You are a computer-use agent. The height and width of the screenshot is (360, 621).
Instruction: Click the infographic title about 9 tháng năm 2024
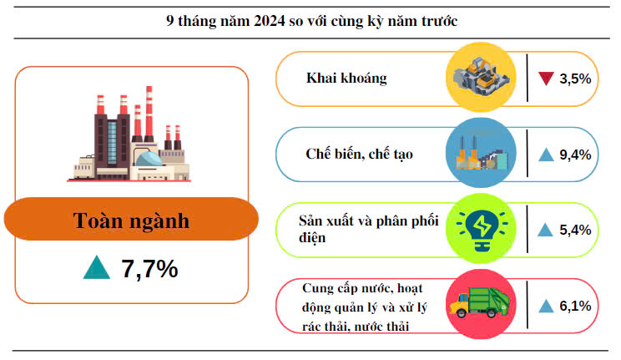click(311, 20)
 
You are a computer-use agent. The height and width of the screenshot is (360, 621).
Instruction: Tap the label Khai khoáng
click(346, 79)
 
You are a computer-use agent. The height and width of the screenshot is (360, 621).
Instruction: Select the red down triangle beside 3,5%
click(546, 79)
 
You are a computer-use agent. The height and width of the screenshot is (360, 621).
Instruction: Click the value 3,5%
click(576, 79)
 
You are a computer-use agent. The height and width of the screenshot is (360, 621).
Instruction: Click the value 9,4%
click(576, 154)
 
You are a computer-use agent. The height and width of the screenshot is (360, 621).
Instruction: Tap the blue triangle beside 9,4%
click(546, 154)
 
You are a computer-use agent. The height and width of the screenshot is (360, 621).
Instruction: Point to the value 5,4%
click(576, 230)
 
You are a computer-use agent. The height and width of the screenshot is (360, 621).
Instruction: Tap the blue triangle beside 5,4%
click(546, 230)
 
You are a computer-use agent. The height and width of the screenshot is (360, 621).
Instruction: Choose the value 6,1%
click(576, 307)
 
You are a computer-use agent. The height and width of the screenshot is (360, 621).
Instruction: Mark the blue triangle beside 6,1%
click(546, 307)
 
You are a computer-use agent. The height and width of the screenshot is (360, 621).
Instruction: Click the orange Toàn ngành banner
click(131, 221)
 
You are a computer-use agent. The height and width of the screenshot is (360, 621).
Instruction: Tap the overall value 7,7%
click(150, 269)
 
